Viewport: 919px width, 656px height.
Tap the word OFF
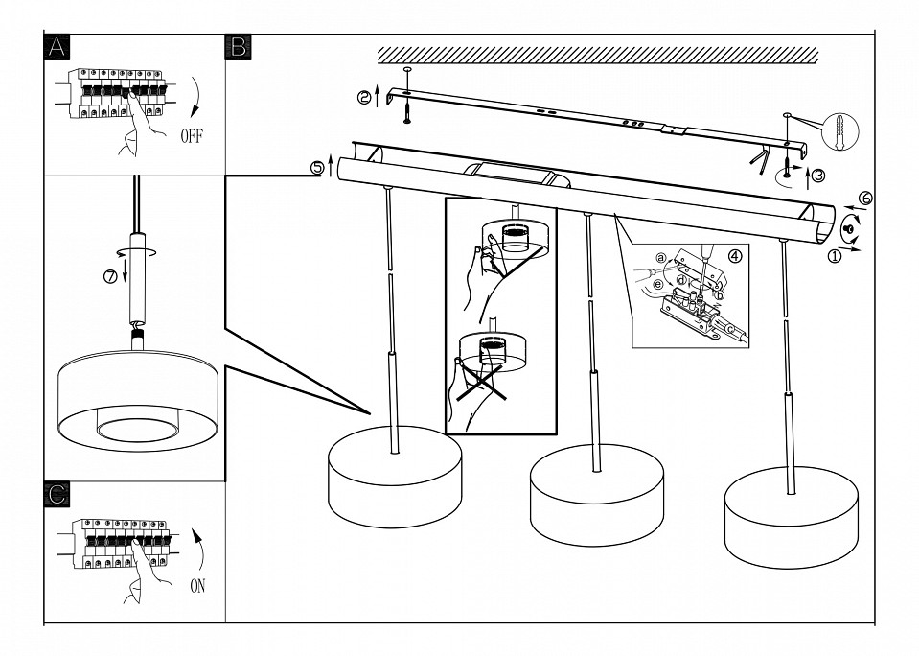(193, 136)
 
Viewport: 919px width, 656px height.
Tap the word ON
(197, 585)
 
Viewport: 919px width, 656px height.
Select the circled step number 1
(835, 255)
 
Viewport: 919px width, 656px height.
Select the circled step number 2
(363, 96)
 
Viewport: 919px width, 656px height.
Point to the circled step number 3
(817, 175)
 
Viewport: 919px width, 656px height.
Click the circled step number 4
(735, 256)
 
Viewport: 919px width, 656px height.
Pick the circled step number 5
(317, 167)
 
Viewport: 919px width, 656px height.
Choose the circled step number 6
(864, 199)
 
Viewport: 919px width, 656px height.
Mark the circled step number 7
(109, 277)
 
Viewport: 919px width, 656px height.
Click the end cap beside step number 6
(849, 229)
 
